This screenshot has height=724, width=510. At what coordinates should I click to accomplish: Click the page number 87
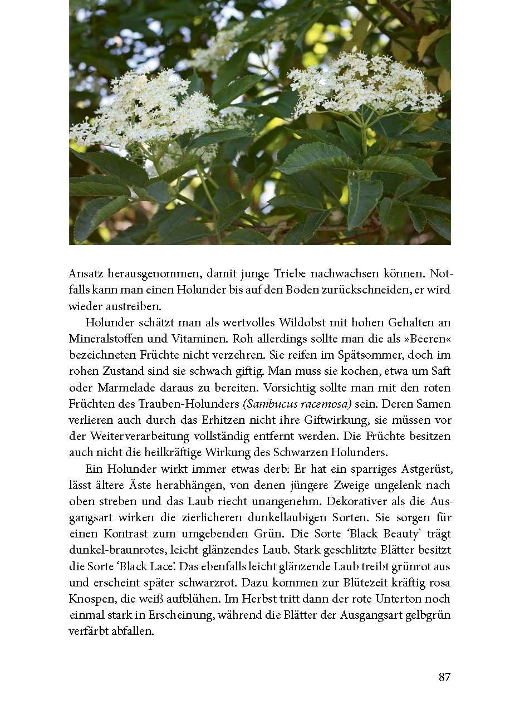(x=444, y=677)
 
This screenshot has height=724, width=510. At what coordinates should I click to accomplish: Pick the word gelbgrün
(x=426, y=615)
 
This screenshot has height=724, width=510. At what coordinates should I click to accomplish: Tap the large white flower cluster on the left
(x=148, y=111)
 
